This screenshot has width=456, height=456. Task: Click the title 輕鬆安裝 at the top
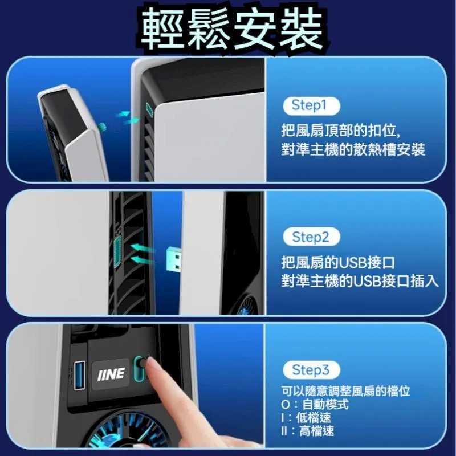coord(228,27)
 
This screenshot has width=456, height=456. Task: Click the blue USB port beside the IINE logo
coord(78,374)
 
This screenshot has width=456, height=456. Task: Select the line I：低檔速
coord(307,417)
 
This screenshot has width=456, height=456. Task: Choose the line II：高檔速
coord(308,430)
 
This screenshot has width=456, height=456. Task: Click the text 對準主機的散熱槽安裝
coord(353,150)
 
